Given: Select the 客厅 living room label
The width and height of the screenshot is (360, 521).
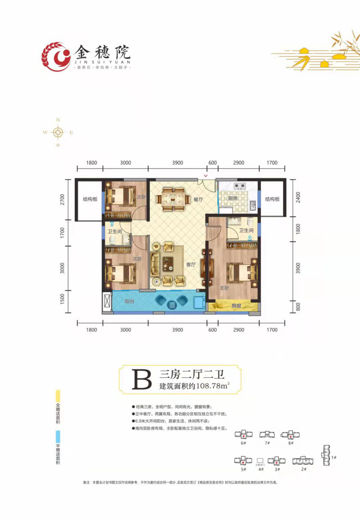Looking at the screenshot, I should coord(191,265).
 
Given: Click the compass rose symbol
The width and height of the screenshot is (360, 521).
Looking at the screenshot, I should coord(58,132).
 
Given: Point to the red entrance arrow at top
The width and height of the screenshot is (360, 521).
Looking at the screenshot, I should coord(206,175).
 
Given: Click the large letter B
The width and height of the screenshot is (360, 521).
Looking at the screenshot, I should coord(140,379).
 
